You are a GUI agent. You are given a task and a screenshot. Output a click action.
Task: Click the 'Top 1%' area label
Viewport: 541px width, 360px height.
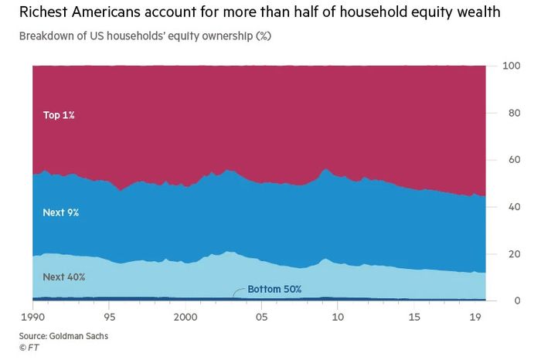tap(59, 115)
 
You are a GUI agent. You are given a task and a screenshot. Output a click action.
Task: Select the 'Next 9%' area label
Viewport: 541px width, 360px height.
tap(61, 212)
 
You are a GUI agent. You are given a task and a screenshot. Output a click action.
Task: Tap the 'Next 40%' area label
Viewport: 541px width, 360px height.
tap(63, 277)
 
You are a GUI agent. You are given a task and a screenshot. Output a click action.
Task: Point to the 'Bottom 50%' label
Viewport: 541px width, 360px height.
tap(274, 290)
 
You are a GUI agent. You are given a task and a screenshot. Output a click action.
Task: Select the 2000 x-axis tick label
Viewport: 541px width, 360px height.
tap(185, 317)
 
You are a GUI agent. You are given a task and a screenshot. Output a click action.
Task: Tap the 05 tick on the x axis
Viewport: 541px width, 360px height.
tap(263, 317)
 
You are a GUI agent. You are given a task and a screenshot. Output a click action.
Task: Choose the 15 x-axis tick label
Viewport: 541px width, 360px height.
tap(414, 317)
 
